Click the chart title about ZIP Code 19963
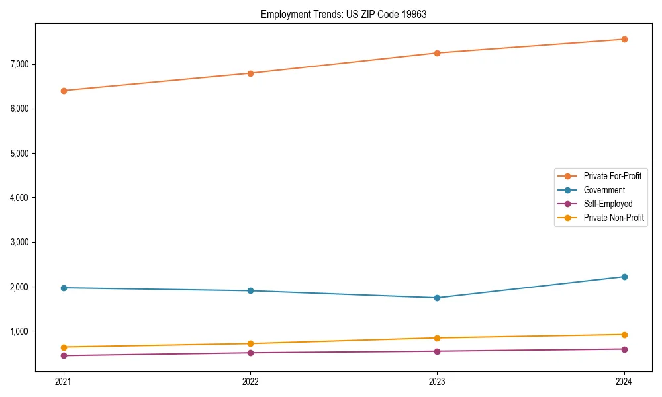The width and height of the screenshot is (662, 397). click(x=343, y=14)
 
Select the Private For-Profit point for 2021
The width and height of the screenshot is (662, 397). click(x=64, y=91)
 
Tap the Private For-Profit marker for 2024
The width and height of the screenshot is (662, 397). click(x=624, y=39)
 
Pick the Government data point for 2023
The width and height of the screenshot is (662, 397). click(x=438, y=298)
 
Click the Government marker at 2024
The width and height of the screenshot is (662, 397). click(x=624, y=277)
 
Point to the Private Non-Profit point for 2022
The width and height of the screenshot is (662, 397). click(x=250, y=343)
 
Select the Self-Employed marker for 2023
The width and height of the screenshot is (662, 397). click(x=438, y=351)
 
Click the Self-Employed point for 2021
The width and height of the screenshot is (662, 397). click(x=64, y=355)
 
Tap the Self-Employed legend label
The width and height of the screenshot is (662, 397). click(x=608, y=204)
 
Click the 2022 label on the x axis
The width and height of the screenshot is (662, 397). click(x=250, y=381)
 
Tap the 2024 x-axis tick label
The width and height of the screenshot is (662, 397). click(x=624, y=381)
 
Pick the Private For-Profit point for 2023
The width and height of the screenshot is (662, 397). click(x=438, y=53)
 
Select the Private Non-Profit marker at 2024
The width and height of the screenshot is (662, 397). click(x=624, y=335)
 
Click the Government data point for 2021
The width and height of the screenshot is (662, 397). click(x=64, y=288)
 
